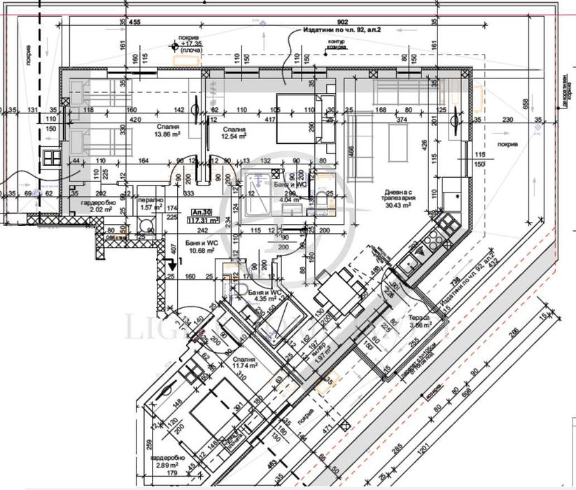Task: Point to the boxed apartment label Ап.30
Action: (x=202, y=210)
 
